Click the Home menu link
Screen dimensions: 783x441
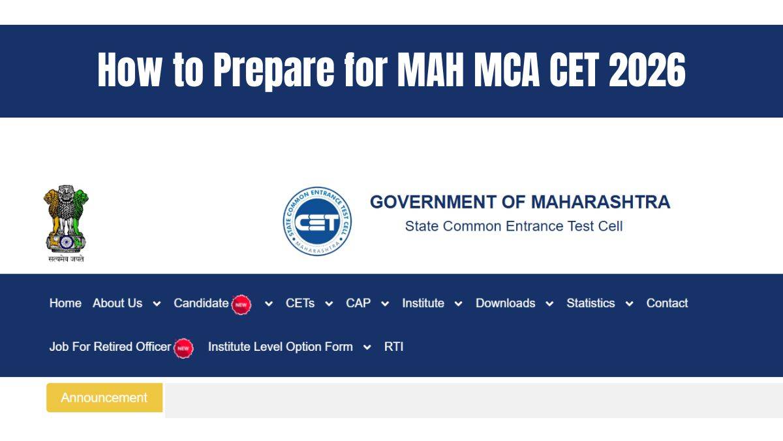(x=65, y=303)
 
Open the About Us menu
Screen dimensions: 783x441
(x=117, y=303)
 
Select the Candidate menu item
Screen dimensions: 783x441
(x=201, y=303)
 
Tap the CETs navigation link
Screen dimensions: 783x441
(x=300, y=303)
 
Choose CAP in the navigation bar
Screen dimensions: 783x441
(x=358, y=303)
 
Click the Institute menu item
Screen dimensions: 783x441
(x=423, y=303)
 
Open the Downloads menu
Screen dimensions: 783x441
(x=506, y=303)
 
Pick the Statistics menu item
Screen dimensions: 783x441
(x=591, y=303)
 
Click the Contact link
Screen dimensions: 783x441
(x=667, y=303)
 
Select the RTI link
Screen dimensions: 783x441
(x=393, y=347)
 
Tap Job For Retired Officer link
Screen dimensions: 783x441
(x=110, y=347)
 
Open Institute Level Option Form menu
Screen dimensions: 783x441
(x=281, y=347)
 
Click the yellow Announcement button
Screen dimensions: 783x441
(x=104, y=398)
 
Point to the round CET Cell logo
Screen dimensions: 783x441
(x=317, y=221)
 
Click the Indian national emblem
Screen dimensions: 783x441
(x=66, y=223)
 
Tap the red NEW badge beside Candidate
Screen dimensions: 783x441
(x=241, y=305)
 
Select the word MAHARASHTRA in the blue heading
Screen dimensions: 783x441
(x=600, y=202)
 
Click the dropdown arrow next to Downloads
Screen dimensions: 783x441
(x=549, y=304)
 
